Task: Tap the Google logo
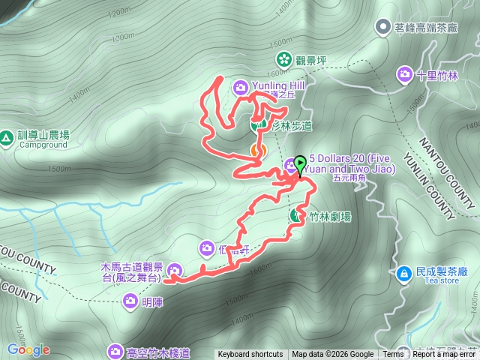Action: tap(28, 349)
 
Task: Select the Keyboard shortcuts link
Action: tap(250, 355)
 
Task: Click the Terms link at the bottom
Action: tap(393, 355)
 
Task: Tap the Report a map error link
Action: tap(444, 355)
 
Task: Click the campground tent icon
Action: tap(6, 136)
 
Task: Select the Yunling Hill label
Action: tap(277, 86)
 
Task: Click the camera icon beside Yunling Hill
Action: tap(240, 87)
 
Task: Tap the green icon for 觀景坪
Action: tap(284, 58)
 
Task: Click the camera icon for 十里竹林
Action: tap(405, 74)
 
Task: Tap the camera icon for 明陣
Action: tap(129, 301)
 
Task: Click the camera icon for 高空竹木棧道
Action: tap(115, 350)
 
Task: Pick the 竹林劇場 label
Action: tap(329, 217)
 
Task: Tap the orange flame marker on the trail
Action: tap(256, 151)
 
